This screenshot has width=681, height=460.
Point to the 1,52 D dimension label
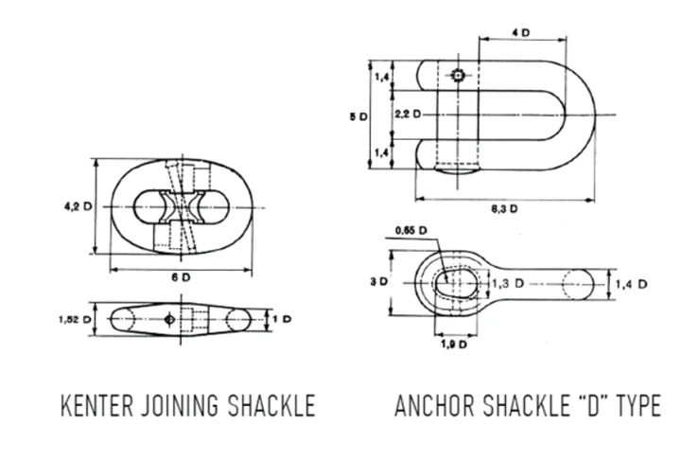coord(77,319)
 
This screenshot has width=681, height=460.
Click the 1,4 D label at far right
coord(629,283)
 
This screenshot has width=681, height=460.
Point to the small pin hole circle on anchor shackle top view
coord(458,75)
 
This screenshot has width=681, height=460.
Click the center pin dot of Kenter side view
coord(168,319)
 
